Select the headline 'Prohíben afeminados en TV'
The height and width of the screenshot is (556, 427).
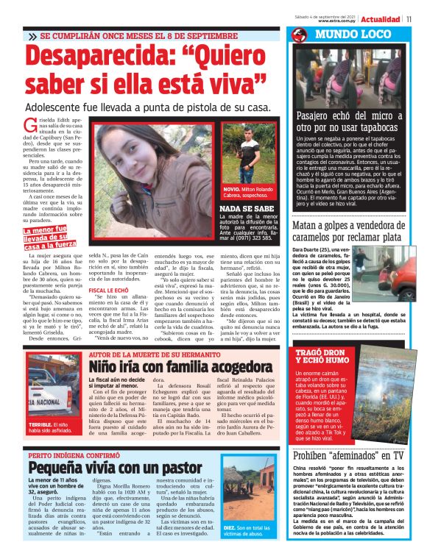click(x=348, y=455)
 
